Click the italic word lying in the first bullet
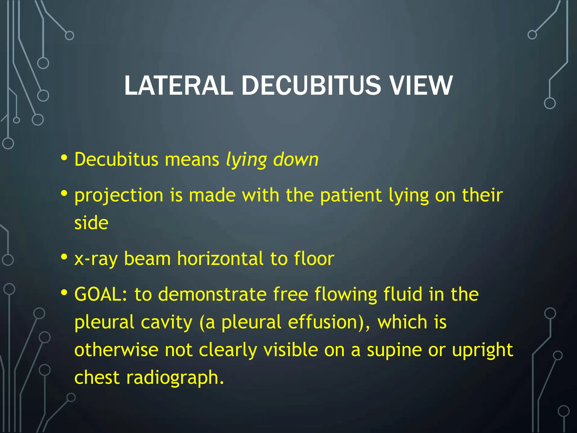246,160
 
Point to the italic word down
296,160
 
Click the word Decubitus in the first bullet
116,160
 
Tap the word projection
119,196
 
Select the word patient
351,195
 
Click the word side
91,223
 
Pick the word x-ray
96,259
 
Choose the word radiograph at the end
175,378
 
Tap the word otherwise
116,350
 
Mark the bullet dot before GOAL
64,293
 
